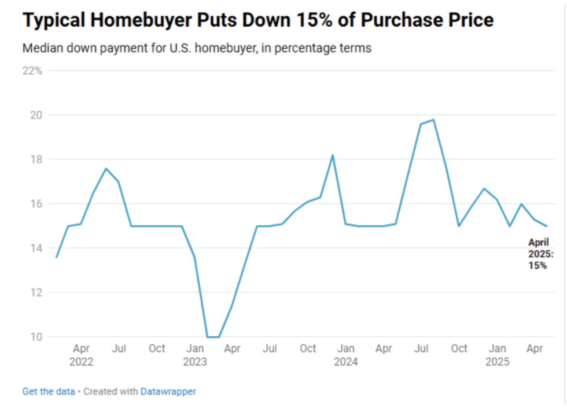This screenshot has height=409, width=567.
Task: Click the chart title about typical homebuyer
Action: (x=258, y=21)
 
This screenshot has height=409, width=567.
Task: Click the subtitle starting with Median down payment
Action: (x=197, y=48)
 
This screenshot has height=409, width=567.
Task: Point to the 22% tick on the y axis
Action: (x=32, y=70)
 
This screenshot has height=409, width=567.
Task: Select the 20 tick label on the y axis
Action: (x=37, y=115)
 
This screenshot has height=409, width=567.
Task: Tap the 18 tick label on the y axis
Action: (x=37, y=159)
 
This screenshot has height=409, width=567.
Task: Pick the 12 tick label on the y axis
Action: (x=37, y=292)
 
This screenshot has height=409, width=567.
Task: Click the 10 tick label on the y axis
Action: (x=37, y=337)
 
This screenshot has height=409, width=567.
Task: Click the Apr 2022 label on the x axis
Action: (x=81, y=355)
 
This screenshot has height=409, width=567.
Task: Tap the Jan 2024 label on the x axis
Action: (x=346, y=355)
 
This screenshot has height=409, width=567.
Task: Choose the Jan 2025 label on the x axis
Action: (x=498, y=355)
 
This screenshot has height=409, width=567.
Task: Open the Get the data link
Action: (x=49, y=392)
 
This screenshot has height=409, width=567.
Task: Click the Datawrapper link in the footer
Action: (x=168, y=392)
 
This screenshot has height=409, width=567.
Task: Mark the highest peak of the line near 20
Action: (x=433, y=120)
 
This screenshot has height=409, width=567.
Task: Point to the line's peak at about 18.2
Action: (x=333, y=155)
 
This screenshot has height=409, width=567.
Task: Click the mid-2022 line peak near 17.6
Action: (x=106, y=168)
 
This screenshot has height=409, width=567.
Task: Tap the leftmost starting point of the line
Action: (x=56, y=257)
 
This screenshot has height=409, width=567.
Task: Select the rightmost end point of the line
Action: (x=547, y=226)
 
